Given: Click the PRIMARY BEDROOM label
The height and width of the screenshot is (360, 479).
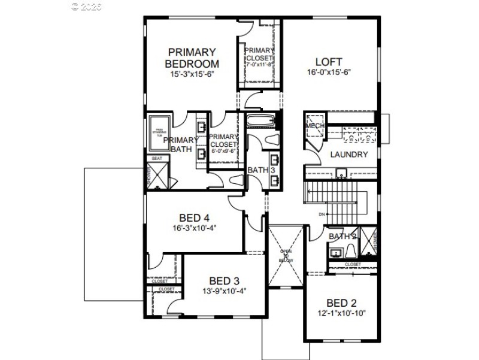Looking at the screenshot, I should [x=192, y=58].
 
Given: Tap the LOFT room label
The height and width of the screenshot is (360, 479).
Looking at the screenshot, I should [x=329, y=62].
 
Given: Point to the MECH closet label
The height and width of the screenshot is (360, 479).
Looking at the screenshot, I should [x=314, y=126].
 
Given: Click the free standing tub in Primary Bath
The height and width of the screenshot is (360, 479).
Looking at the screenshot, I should [x=159, y=132].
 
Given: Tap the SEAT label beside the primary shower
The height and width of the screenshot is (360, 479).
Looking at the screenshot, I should [x=157, y=158].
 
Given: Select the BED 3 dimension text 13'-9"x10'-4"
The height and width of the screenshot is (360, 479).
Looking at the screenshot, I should [x=225, y=291].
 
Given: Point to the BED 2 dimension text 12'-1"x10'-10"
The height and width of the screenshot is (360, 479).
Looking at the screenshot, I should [x=341, y=313].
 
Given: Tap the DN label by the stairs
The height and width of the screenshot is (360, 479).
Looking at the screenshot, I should [x=322, y=214].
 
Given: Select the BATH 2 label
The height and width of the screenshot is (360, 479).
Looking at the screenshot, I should [x=343, y=237].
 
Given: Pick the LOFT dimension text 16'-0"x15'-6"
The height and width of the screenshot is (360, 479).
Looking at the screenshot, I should [x=329, y=72].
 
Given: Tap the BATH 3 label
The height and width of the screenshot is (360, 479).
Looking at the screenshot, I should [x=261, y=171].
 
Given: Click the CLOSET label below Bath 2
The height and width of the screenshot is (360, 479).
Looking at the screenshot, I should [x=353, y=264].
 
